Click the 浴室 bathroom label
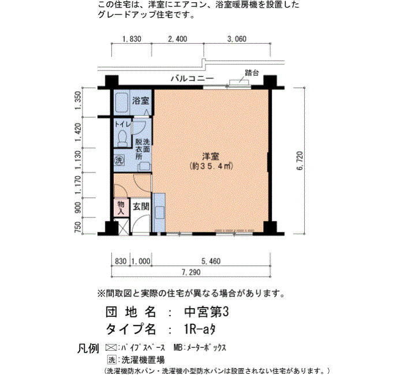pyautogui.click(x=141, y=100)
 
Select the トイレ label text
pyautogui.click(x=122, y=124)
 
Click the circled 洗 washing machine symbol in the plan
pyautogui.click(x=119, y=160)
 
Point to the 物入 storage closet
pyautogui.click(x=121, y=208)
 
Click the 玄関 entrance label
pyautogui.click(x=141, y=207)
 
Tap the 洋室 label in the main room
pyautogui.click(x=211, y=156)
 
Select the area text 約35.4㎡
pyautogui.click(x=211, y=166)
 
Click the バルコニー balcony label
pyautogui.click(x=192, y=78)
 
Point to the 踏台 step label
pyautogui.click(x=252, y=73)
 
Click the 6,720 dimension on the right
pyautogui.click(x=300, y=161)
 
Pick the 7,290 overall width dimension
pyautogui.click(x=191, y=272)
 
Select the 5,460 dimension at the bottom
pyautogui.click(x=211, y=261)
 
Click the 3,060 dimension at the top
pyautogui.click(x=237, y=39)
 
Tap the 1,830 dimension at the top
pyautogui.click(x=132, y=39)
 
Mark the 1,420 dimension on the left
pyautogui.click(x=78, y=132)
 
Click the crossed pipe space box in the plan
pyautogui.click(x=121, y=226)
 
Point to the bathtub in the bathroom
pyautogui.click(x=121, y=103)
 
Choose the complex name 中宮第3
pyautogui.click(x=206, y=313)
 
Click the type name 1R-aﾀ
pyautogui.click(x=200, y=329)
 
